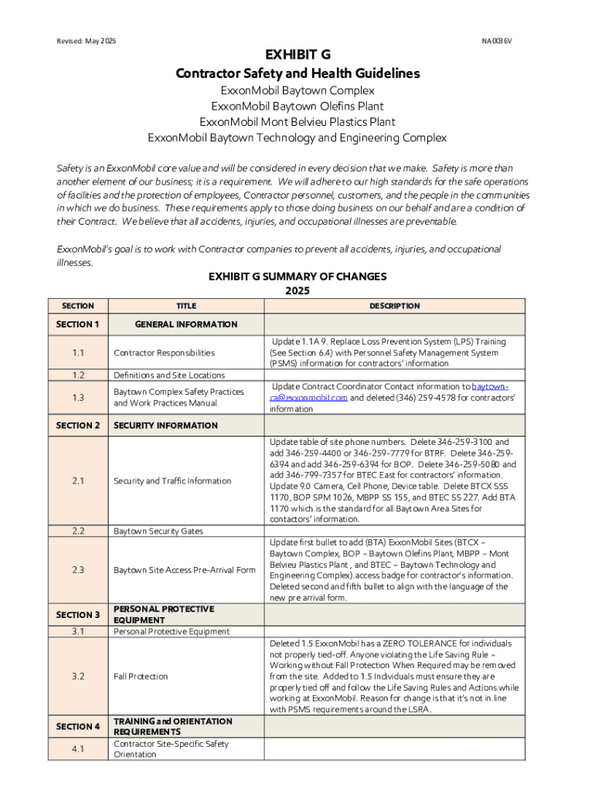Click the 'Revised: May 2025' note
pos(87,40)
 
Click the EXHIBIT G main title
pos(297,56)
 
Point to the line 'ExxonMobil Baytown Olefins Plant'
pos(297,106)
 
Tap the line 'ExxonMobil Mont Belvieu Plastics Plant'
pos(297,122)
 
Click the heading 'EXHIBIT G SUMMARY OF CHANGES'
pos(297,277)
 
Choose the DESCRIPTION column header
pos(394,306)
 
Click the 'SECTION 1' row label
pos(78,324)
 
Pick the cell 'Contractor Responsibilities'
pos(164,353)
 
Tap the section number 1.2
pos(78,375)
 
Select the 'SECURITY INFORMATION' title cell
pos(165,426)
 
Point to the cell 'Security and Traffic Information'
pos(172,481)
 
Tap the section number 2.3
pos(78,570)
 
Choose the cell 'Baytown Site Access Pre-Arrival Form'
pos(184,570)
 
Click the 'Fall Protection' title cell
pos(141,677)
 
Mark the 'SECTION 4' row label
pos(78,726)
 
